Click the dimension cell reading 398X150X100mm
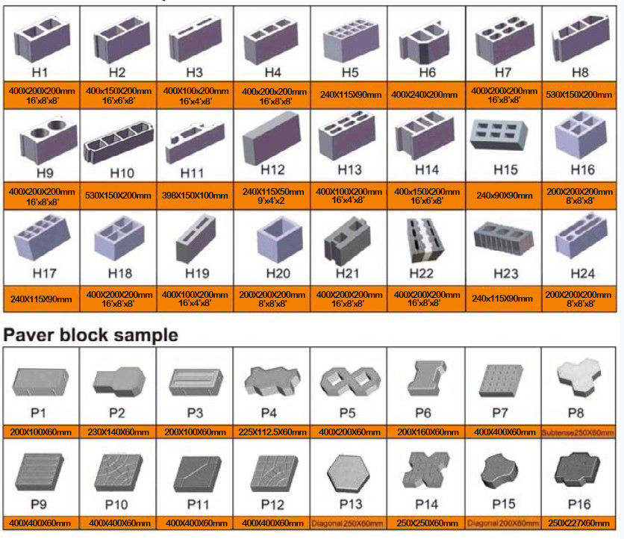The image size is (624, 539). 195,196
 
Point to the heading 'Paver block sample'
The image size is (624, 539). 91,335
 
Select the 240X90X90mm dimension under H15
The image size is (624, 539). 504,196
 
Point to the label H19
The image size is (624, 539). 195,273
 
